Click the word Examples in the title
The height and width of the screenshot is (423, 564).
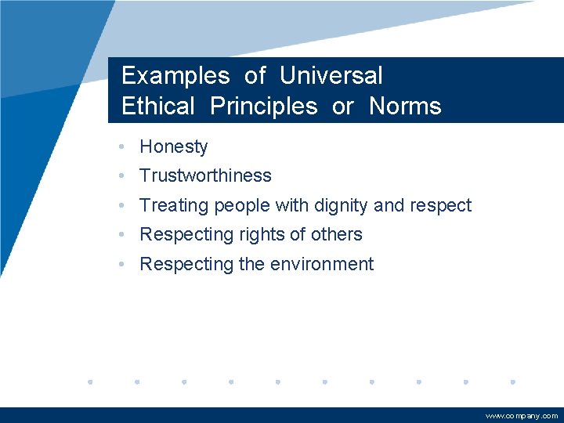[175, 76]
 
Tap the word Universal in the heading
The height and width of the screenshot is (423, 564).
[331, 76]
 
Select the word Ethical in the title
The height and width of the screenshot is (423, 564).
[157, 107]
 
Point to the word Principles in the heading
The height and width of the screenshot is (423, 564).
[263, 107]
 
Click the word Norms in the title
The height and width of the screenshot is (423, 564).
[405, 107]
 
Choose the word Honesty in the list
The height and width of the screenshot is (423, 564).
[173, 146]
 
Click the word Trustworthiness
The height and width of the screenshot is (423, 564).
[205, 175]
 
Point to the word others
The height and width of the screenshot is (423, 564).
[338, 234]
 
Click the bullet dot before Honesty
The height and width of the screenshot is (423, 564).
[121, 146]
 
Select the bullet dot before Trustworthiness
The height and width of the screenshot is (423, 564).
[121, 176]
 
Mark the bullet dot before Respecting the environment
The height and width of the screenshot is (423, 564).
[121, 265]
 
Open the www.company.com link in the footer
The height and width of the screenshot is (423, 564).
[521, 416]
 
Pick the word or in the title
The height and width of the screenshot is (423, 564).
[343, 107]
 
